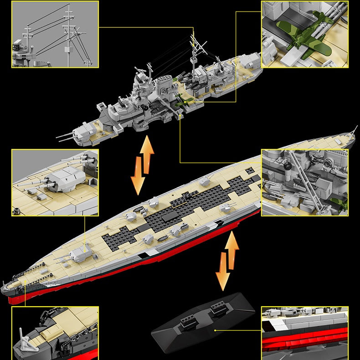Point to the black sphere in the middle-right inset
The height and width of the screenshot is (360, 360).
coord(288,168)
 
